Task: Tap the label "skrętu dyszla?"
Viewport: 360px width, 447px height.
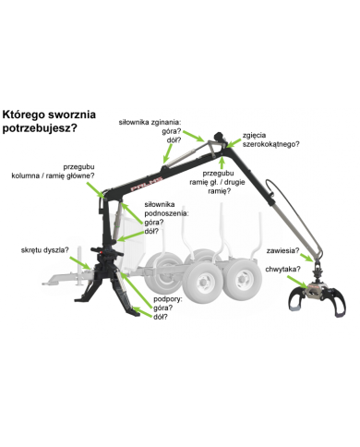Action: coord(44,250)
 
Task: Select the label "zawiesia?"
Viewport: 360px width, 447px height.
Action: coord(282,250)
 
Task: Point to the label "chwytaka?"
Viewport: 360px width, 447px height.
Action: coord(282,270)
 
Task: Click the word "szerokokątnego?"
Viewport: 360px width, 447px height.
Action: coord(270,144)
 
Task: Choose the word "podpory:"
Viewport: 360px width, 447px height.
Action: coord(168,299)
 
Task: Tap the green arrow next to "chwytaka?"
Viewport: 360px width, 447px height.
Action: coord(297,282)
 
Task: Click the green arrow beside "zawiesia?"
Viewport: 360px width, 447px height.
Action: coord(307,257)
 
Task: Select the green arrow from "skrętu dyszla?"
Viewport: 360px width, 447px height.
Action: coord(79,263)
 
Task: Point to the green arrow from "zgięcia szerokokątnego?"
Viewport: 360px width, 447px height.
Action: coord(234,143)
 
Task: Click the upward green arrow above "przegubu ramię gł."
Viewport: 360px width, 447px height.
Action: coord(222,163)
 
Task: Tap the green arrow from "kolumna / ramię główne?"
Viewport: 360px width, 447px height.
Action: coord(95,189)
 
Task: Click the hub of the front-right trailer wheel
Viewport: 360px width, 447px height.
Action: coord(203,282)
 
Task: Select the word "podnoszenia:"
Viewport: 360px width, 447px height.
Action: coord(166,213)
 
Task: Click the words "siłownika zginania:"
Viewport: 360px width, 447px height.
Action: coord(150,122)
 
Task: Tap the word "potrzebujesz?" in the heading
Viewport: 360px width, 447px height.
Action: coord(40,128)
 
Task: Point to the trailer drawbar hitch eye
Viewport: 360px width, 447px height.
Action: coord(46,283)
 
